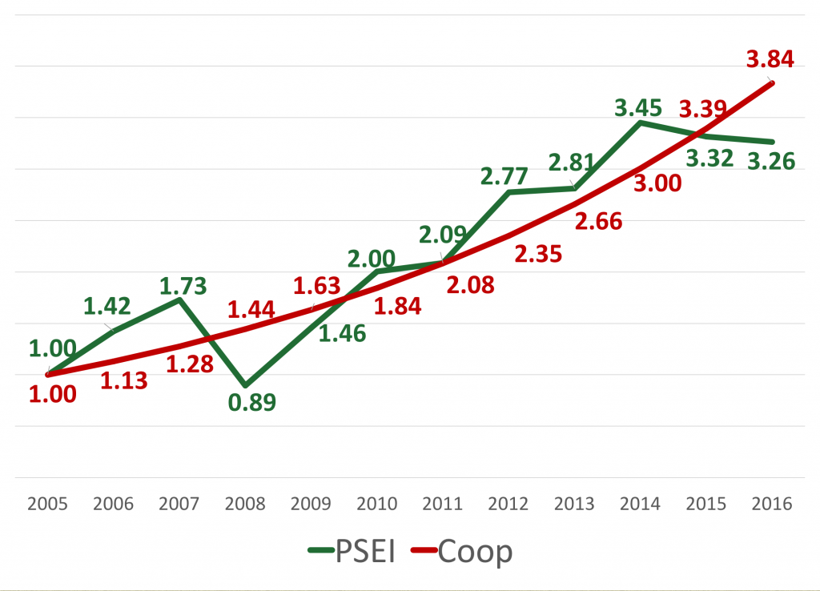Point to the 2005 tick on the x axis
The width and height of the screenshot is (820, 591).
tap(48, 505)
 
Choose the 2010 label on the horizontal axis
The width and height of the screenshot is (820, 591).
tap(376, 505)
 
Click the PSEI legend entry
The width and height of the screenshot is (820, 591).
tap(352, 552)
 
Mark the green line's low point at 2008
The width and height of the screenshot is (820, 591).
tap(245, 385)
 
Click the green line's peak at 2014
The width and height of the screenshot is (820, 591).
tap(639, 123)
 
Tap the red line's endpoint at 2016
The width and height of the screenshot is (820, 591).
tap(772, 82)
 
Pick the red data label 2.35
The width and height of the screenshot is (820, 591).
tap(538, 255)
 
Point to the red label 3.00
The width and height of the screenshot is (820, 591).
tap(657, 183)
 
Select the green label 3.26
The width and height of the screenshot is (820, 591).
tap(770, 161)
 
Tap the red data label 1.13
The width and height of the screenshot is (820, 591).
tap(124, 380)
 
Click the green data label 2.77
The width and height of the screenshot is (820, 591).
tap(505, 175)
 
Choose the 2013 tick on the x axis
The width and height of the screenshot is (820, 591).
tap(573, 505)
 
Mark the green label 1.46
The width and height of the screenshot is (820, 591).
tap(342, 333)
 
